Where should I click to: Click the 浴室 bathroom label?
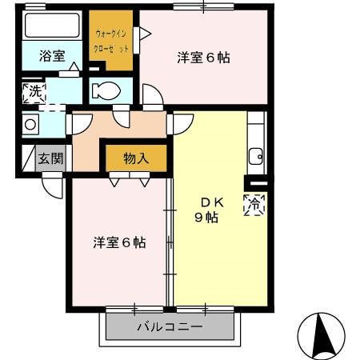click(x=52, y=56)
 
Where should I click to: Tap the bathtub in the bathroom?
click(x=52, y=26)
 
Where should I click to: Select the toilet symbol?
click(x=106, y=90)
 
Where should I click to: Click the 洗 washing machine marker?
click(x=34, y=93)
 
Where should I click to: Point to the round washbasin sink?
click(x=30, y=125)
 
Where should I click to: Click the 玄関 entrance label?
click(x=50, y=158)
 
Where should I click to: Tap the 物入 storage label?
click(x=136, y=158)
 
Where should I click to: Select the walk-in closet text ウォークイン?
click(x=110, y=34)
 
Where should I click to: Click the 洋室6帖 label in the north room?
click(x=203, y=58)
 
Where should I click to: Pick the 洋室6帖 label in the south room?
click(x=119, y=242)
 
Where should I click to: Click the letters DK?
click(x=212, y=203)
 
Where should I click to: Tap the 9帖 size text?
click(x=206, y=218)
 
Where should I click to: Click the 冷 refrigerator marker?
click(x=254, y=205)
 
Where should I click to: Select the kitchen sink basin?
click(x=256, y=157)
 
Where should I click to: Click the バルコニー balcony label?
click(x=170, y=326)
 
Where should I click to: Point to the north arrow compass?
click(x=321, y=336)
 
